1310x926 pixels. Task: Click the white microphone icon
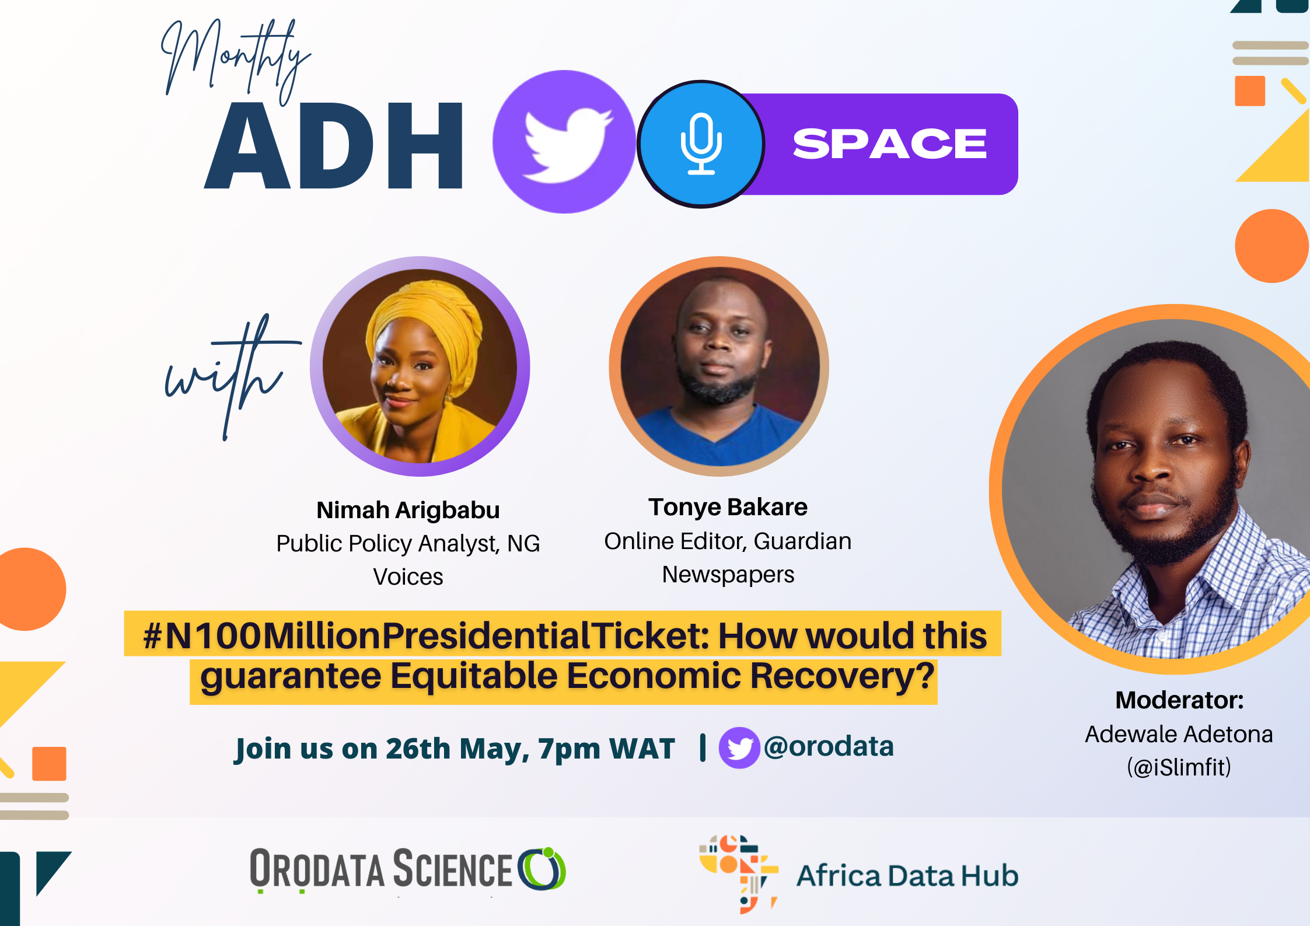[x=701, y=144]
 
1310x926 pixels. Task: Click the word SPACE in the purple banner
[x=889, y=144]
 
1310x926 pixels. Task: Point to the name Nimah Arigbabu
[x=408, y=510]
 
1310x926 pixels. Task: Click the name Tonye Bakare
[x=728, y=507]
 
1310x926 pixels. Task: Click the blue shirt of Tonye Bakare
[x=721, y=438]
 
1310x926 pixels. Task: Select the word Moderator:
[x=1179, y=700]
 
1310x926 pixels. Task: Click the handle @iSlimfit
[x=1179, y=767]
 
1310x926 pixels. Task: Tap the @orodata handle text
[x=829, y=746]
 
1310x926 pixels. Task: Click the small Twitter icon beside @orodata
[x=739, y=747]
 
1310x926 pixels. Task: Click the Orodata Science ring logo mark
[x=542, y=869]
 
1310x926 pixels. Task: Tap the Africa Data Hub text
[x=907, y=876]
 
